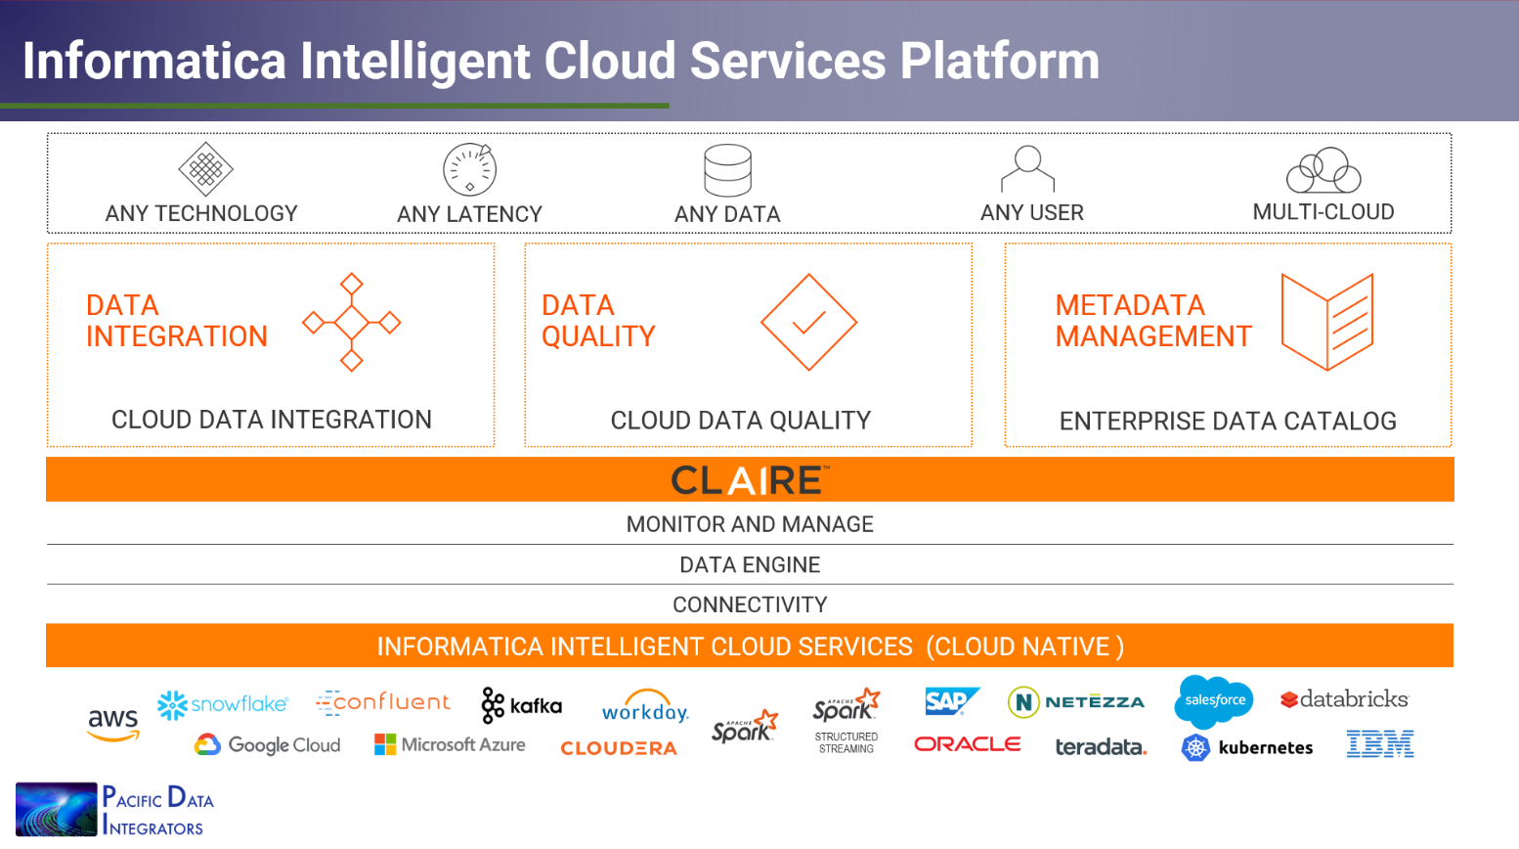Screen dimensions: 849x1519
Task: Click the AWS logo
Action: point(113,724)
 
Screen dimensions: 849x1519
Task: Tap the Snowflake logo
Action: point(223,704)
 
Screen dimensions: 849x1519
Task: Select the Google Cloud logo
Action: point(268,745)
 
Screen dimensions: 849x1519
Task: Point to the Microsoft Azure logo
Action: point(450,745)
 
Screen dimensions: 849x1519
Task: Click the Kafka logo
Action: point(522,705)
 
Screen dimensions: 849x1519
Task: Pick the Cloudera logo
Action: point(619,748)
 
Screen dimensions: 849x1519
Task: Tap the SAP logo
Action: point(950,700)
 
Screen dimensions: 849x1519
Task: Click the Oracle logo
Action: point(968,744)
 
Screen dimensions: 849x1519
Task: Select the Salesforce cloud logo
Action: point(1214,700)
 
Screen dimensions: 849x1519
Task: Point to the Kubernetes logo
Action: point(1247,747)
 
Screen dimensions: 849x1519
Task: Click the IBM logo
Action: point(1379,744)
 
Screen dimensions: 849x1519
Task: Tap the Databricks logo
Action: point(1345,699)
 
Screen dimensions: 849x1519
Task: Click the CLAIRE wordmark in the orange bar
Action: point(750,480)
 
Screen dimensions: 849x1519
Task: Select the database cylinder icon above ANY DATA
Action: point(728,170)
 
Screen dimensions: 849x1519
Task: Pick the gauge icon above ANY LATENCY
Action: point(470,169)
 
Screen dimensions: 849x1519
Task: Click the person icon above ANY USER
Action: point(1028,168)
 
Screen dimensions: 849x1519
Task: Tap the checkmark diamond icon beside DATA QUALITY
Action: point(808,322)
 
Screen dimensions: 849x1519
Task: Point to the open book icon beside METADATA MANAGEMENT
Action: point(1326,322)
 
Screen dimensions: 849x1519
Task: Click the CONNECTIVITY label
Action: point(750,604)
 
